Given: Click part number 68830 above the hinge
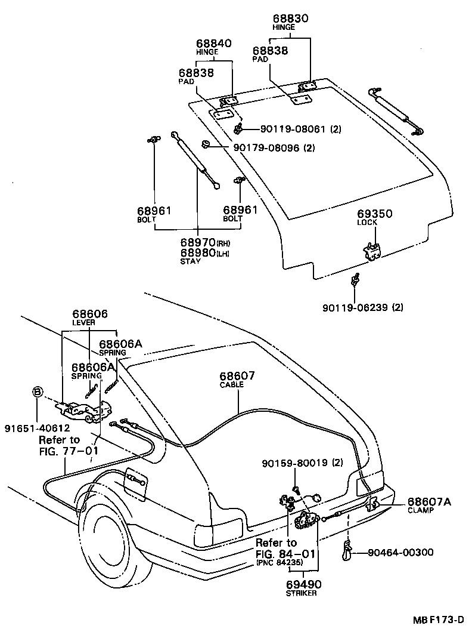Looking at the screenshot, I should coord(291,19).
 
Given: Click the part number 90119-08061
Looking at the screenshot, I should coord(284,129).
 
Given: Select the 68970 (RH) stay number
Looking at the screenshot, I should coord(198,244).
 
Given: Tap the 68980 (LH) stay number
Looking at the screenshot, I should coord(198,252).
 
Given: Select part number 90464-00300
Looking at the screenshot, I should coord(400,553).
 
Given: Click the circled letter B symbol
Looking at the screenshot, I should coord(37,392).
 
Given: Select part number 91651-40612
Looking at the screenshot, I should coord(37,427).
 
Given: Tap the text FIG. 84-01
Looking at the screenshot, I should coord(285,553).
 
